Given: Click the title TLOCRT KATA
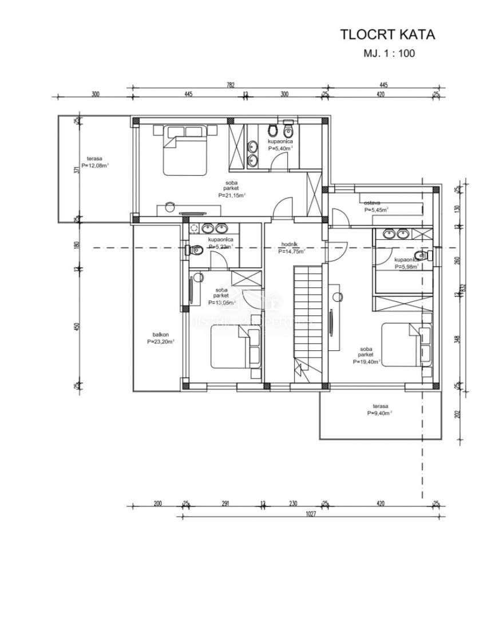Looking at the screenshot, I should pyautogui.click(x=387, y=34).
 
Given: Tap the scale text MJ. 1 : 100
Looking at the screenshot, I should pyautogui.click(x=389, y=54).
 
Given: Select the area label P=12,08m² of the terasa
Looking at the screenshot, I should pyautogui.click(x=95, y=165).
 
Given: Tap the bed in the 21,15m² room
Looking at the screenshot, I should pyautogui.click(x=185, y=150).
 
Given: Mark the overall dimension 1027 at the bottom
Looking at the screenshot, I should pyautogui.click(x=311, y=513).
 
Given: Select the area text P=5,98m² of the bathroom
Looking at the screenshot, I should pyautogui.click(x=406, y=266).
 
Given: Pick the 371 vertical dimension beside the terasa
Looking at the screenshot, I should pyautogui.click(x=76, y=170).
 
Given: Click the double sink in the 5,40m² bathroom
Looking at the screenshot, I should pyautogui.click(x=252, y=153).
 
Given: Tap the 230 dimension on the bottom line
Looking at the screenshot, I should pyautogui.click(x=293, y=504).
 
